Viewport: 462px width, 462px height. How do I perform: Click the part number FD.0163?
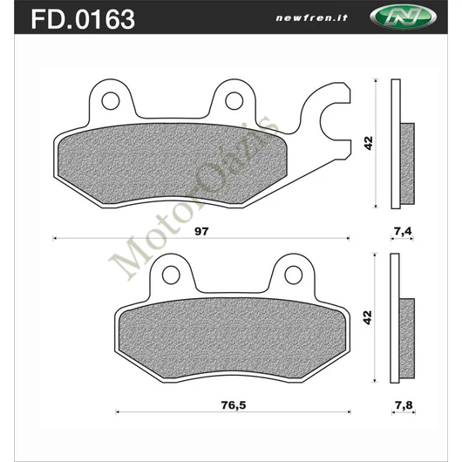click(x=83, y=19)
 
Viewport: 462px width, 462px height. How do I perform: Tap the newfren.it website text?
click(x=312, y=18)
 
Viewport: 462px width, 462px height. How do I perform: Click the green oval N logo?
click(x=403, y=17)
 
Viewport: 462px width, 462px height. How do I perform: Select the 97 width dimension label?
click(x=201, y=231)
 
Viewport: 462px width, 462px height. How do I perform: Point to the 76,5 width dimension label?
click(x=234, y=405)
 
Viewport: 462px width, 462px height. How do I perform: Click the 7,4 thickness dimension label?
click(x=403, y=232)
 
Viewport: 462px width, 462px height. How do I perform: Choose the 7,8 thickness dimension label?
click(x=404, y=405)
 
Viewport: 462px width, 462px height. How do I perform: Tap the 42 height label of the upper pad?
click(x=369, y=143)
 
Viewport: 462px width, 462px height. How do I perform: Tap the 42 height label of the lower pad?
click(x=368, y=317)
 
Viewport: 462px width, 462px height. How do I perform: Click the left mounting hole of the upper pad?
click(x=111, y=101)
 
